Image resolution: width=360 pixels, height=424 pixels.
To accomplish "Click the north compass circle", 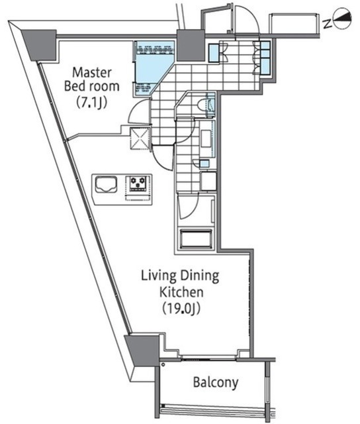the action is [x=343, y=19].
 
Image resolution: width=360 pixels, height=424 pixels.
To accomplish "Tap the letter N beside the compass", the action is [x=328, y=24].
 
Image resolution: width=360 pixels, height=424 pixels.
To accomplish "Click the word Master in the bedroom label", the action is [x=92, y=73].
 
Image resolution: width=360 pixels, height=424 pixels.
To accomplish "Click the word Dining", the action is [x=200, y=276].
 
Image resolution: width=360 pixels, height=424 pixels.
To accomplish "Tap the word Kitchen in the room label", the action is [x=181, y=292].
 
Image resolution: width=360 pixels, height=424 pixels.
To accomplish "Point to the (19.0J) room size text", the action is [x=181, y=309].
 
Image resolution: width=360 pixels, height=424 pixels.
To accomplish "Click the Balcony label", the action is [x=216, y=382].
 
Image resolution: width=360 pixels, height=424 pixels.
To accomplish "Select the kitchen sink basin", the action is [x=106, y=184].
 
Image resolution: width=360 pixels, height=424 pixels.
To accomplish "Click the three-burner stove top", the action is [x=138, y=184].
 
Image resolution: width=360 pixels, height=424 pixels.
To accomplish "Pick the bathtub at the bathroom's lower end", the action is [x=196, y=238].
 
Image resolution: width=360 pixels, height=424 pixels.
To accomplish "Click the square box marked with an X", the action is [x=140, y=138].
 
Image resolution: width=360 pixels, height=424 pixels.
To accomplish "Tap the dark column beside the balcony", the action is [x=142, y=350].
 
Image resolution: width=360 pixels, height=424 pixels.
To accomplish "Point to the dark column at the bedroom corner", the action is [x=40, y=45].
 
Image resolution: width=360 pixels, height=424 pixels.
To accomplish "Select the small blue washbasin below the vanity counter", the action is [x=204, y=164].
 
